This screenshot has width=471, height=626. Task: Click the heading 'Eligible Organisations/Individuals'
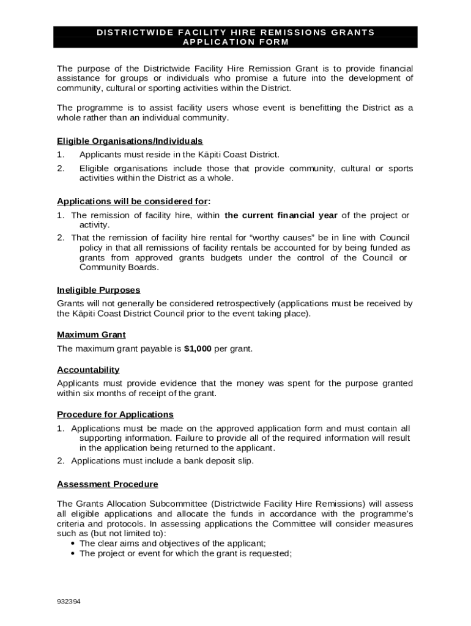130,141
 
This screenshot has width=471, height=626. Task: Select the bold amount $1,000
198,348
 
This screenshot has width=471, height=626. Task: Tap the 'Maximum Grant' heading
91,334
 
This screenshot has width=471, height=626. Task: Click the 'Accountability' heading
88,369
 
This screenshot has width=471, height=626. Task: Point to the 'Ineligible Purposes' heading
98,290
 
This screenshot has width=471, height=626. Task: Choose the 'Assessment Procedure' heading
108,484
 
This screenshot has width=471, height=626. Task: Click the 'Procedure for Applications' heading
115,414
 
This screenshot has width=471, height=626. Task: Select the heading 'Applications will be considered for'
133,201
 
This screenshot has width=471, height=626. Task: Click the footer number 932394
68,602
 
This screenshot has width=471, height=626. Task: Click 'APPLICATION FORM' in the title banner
236,42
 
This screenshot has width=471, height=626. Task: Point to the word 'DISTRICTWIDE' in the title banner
130,32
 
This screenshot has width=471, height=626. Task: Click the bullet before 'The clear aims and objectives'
73,543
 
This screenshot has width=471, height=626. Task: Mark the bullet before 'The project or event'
73,554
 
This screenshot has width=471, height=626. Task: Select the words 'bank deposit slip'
218,461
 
